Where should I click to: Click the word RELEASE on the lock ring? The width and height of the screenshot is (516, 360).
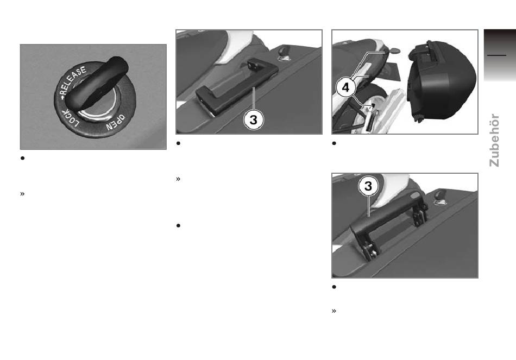pos(74,80)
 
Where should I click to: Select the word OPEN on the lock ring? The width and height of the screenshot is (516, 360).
pos(116,122)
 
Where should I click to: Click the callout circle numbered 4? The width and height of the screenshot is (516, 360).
pos(345,87)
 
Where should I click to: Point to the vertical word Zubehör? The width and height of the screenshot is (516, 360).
pos(494,140)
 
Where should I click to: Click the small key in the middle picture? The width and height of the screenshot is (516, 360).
pos(284,53)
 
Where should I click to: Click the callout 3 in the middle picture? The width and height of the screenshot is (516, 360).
pos(254,120)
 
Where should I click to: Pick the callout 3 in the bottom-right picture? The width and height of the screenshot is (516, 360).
pos(368,186)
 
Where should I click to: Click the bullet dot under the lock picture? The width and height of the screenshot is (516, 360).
pos(22,159)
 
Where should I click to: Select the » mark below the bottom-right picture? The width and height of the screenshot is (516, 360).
pos(334,311)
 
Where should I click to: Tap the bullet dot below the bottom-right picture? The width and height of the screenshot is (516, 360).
pos(334,287)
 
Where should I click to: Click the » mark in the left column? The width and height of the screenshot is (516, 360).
pos(22,194)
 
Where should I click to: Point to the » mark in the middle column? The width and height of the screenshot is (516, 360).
pos(178,179)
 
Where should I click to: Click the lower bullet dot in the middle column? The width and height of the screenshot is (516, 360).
pos(178,226)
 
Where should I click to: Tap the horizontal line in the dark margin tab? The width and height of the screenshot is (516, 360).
pos(496,55)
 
